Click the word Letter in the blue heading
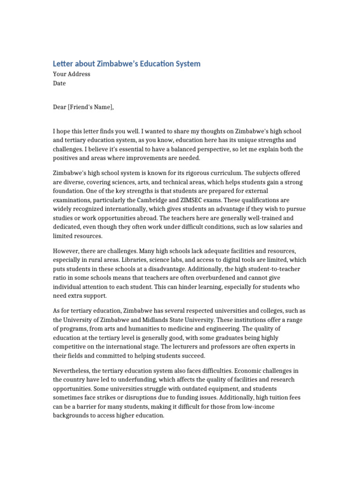pyautogui.click(x=63, y=64)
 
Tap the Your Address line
pyautogui.click(x=71, y=74)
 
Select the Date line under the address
pyautogui.click(x=59, y=83)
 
